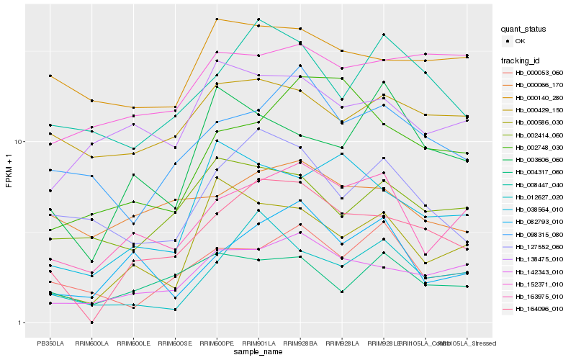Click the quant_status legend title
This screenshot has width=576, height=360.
(523, 29)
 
